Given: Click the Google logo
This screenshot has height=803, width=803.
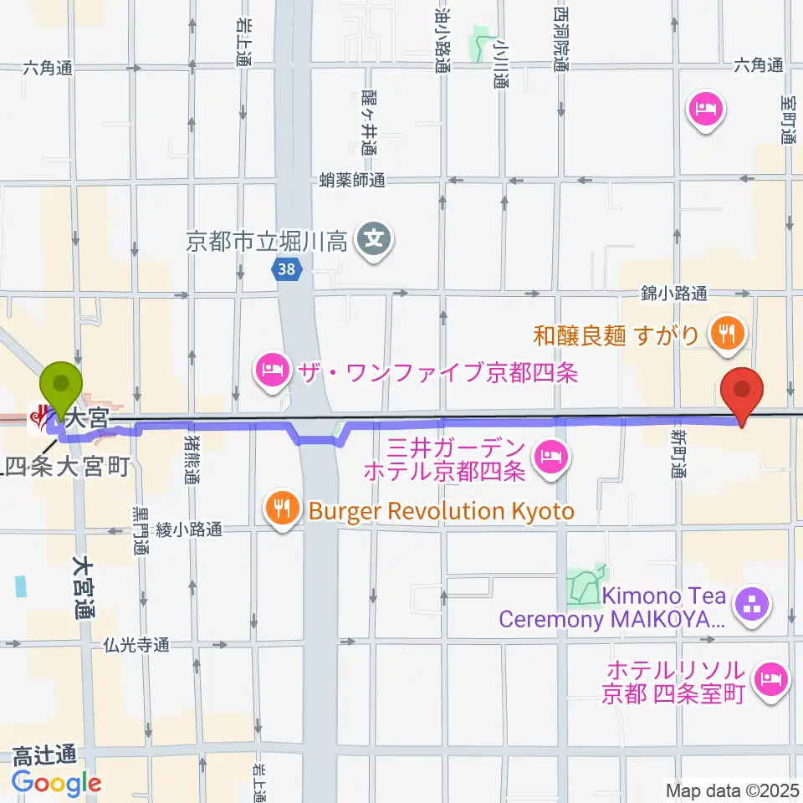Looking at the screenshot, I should [x=56, y=783].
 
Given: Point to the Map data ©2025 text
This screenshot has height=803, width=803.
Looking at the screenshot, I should [x=733, y=790].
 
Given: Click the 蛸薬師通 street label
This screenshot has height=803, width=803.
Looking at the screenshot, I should [x=352, y=180].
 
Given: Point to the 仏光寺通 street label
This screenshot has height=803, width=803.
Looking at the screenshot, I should [x=138, y=645].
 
